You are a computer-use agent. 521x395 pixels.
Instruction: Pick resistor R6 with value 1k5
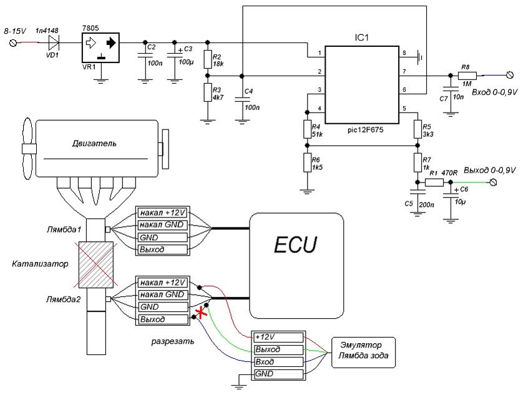click(x=306, y=164)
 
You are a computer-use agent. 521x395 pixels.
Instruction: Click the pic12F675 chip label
click(x=363, y=132)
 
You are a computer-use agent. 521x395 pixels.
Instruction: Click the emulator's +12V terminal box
click(x=278, y=337)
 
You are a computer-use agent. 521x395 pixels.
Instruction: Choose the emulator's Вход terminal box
click(x=278, y=361)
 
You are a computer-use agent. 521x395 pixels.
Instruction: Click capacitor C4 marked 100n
click(x=241, y=97)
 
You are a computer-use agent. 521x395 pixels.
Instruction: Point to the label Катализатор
click(x=37, y=264)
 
